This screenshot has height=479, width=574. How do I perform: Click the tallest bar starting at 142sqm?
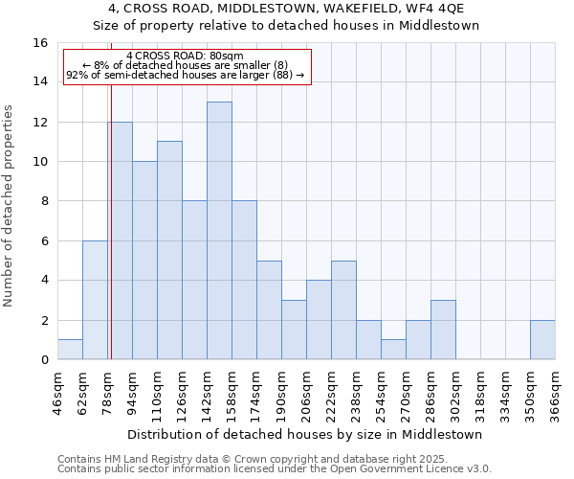pyautogui.click(x=219, y=231)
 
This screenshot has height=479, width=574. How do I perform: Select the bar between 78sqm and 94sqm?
pyautogui.click(x=120, y=240)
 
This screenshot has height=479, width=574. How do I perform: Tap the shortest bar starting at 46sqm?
pyautogui.click(x=70, y=350)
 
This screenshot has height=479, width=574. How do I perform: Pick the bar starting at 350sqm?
pyautogui.click(x=542, y=340)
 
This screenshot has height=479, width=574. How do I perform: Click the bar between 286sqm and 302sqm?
pyautogui.click(x=443, y=330)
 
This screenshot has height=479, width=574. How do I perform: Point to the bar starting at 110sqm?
pyautogui.click(x=169, y=250)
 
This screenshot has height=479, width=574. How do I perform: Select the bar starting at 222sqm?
pyautogui.click(x=343, y=310)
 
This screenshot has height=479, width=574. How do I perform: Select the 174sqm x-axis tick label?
pyautogui.click(x=256, y=395)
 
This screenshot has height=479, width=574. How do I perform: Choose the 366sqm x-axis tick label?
pyautogui.click(x=555, y=395)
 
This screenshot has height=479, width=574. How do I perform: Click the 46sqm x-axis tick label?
pyautogui.click(x=57, y=395)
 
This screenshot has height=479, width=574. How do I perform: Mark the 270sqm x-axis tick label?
pyautogui.click(x=406, y=395)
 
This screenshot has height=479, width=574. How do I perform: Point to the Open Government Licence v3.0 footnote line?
pyautogui.click(x=275, y=468)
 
